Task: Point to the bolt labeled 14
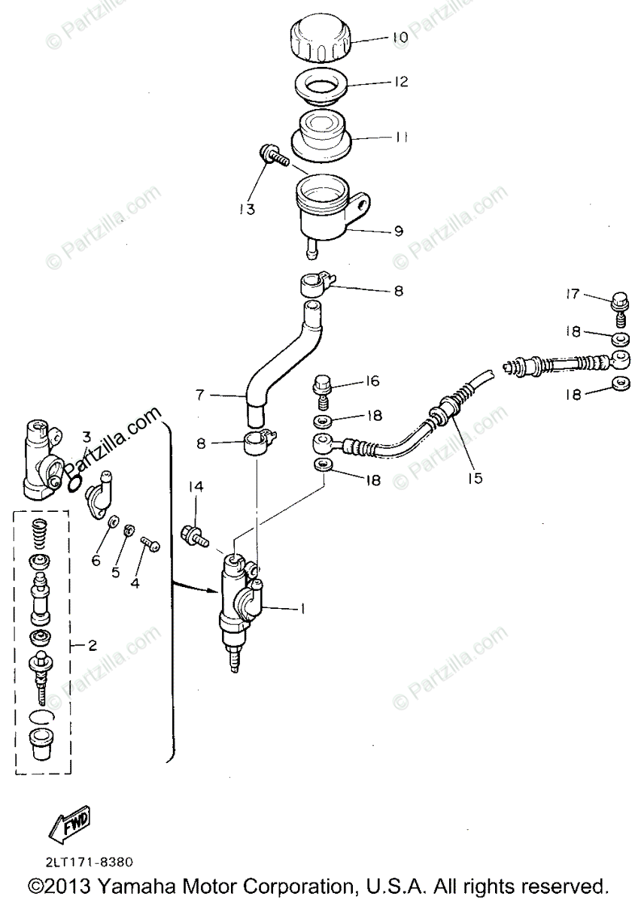pyautogui.click(x=193, y=534)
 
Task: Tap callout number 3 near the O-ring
pyautogui.click(x=87, y=436)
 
